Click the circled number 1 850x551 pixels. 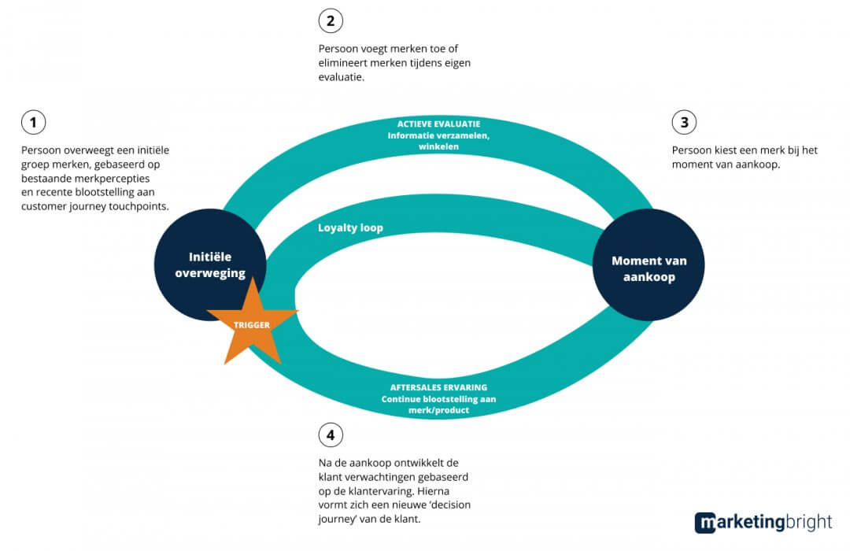pos(33,123)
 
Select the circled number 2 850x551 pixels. pos(331,20)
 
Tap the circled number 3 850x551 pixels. pos(684,123)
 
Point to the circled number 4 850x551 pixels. pos(331,435)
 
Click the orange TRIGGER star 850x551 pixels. pos(251,324)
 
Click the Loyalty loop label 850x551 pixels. pos(349,227)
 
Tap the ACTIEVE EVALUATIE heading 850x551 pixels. pos(439,124)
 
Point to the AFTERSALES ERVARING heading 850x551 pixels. pos(438,387)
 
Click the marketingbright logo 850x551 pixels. pos(763,523)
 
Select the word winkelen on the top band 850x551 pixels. pos(438,146)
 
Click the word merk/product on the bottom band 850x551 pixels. pos(438,410)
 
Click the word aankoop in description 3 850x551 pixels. pos(753,165)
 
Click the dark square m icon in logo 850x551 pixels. pos(705,523)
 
